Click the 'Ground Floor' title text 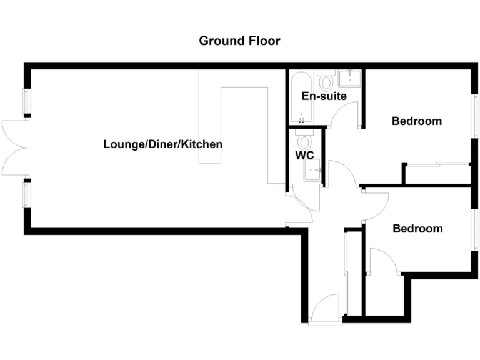pos(239,41)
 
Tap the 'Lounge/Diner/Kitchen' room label pos(162,144)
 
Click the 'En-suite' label pos(324,96)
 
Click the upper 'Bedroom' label pos(416,121)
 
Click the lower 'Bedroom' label pos(417,229)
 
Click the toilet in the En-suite pos(325,81)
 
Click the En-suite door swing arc pos(343,116)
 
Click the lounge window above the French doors pos(27,102)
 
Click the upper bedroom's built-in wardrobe pos(437,174)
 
